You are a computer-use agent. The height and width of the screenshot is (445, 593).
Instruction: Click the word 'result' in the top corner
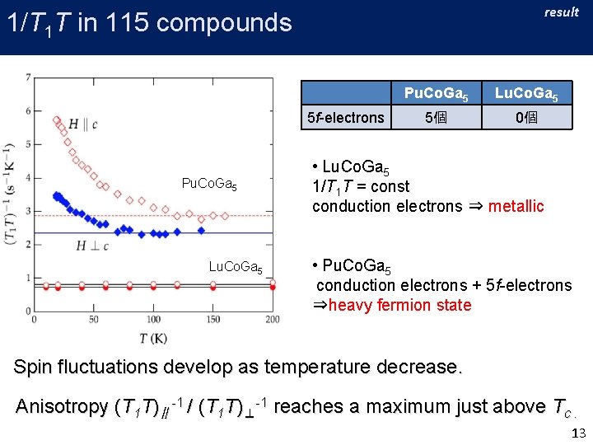coord(562,12)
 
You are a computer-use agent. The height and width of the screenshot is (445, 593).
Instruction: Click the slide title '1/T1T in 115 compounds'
coord(148,22)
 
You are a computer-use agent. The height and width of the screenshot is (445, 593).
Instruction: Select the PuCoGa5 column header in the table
coord(436,93)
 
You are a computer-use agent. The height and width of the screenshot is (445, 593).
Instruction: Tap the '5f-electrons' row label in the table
coord(345,118)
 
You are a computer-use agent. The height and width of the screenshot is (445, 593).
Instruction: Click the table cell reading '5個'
coord(436,118)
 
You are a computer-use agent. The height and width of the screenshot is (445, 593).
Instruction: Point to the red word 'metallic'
coord(516,206)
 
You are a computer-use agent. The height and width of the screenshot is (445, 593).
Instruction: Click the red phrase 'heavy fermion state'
coord(400,305)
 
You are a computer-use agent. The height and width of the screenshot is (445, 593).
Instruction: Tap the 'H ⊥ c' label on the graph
coord(92,245)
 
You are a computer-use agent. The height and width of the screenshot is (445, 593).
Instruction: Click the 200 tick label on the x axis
coord(273,320)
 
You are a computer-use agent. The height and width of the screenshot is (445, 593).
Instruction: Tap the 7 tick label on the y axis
coord(29,77)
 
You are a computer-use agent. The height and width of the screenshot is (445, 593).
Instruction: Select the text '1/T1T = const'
coord(362,186)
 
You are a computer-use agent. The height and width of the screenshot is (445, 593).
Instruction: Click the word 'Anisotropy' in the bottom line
coord(62,406)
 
